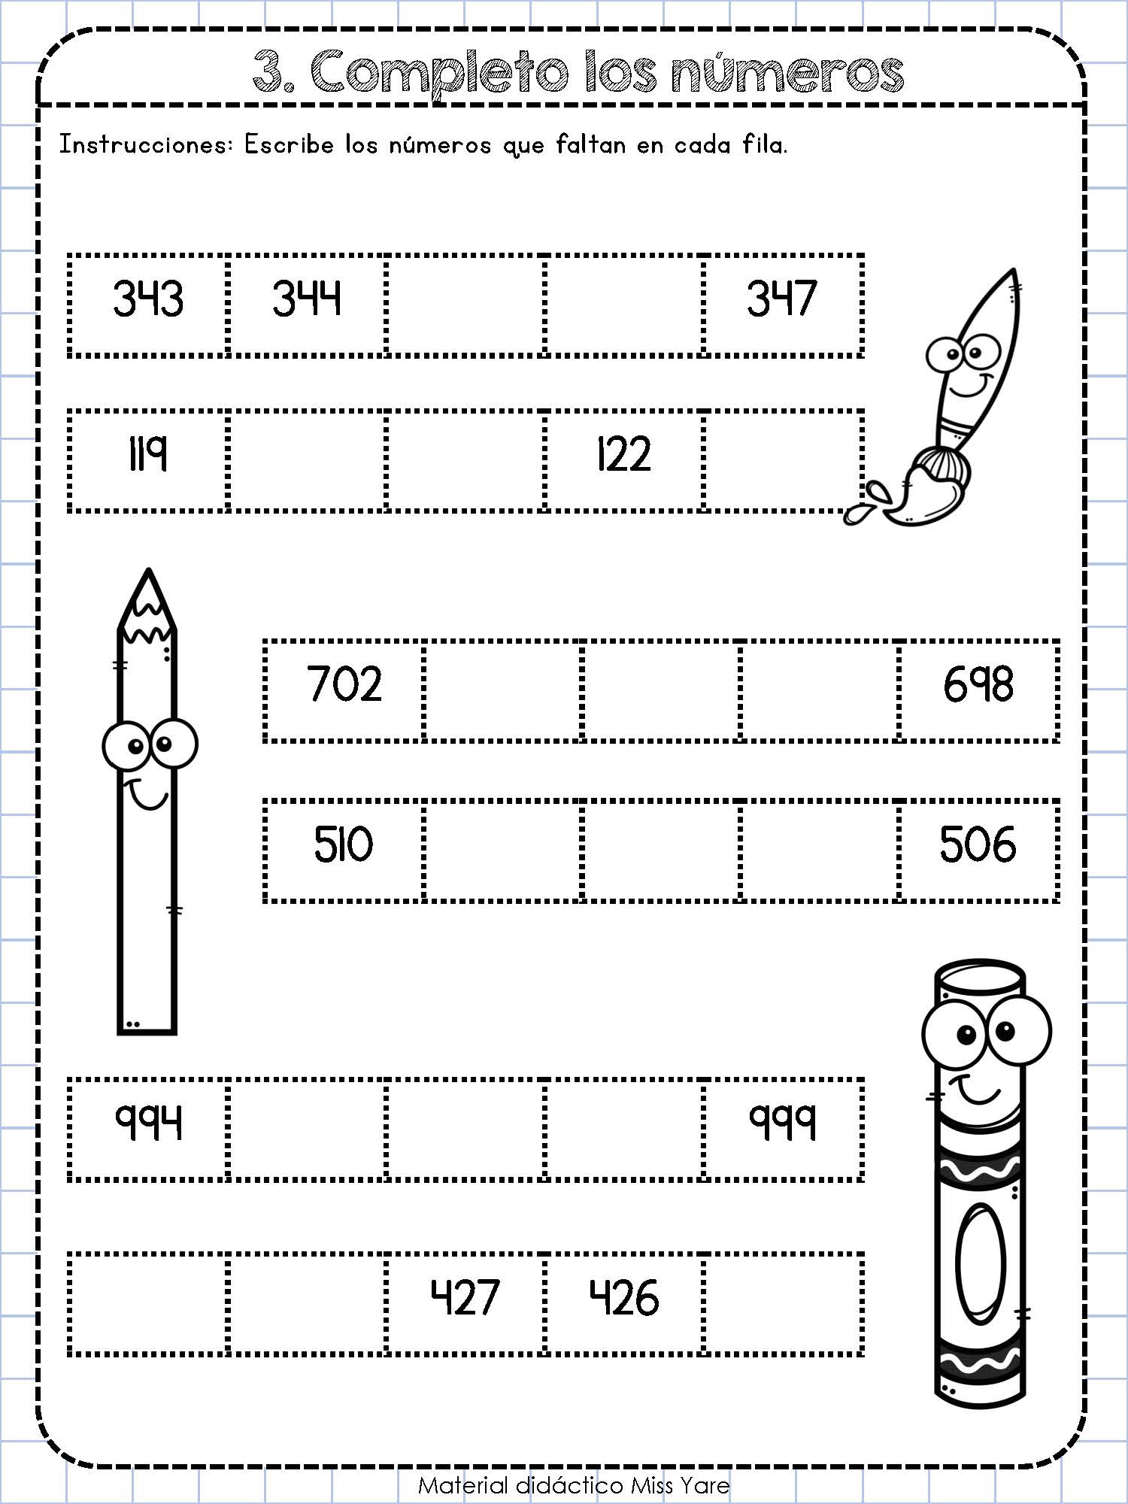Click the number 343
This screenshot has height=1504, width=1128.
[148, 298]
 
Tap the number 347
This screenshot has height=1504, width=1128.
[781, 298]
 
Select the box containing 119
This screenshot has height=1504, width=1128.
[148, 460]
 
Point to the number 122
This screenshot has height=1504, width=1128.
[623, 454]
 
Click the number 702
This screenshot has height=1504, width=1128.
[345, 684]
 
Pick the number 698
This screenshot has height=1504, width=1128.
[978, 684]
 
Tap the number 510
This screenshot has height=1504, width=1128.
[344, 844]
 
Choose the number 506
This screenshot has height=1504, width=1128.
[978, 844]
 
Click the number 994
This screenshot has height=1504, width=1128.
[148, 1123]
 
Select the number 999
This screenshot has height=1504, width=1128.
[782, 1123]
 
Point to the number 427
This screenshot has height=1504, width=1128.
[465, 1299]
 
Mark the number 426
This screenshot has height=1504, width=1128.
[624, 1299]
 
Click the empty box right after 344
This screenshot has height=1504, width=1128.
[465, 305]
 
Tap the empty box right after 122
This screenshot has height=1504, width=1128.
[784, 460]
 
